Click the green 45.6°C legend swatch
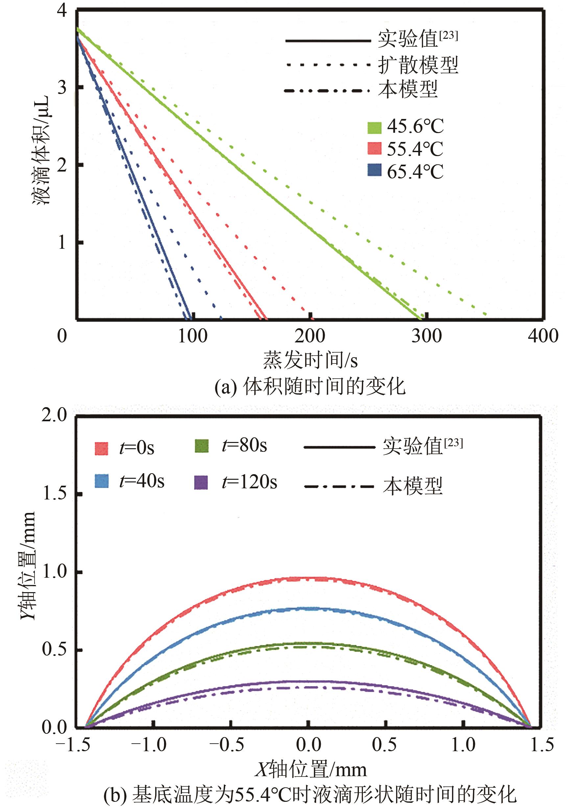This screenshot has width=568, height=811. coord(374,127)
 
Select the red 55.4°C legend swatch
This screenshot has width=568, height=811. coord(374,148)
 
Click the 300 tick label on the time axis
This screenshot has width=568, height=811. coord(426,336)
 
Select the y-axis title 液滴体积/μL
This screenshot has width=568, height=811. coord(42,150)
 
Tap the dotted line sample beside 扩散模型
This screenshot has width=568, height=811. coord(327,65)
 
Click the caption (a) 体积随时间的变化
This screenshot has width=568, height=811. coord(310,386)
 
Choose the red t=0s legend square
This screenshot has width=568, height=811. coord(101,448)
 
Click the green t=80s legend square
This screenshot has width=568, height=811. coord(202,446)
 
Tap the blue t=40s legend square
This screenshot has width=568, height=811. coord(101,481)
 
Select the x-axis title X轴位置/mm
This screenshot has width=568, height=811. coord(311,770)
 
